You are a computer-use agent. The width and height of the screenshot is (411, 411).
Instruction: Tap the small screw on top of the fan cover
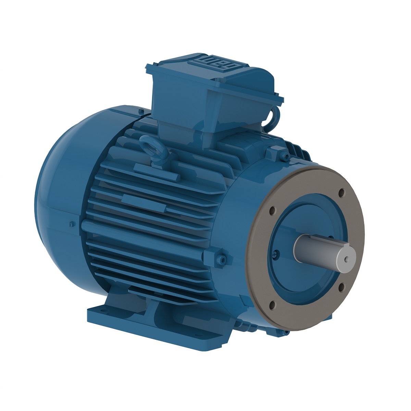coord(141,111)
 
